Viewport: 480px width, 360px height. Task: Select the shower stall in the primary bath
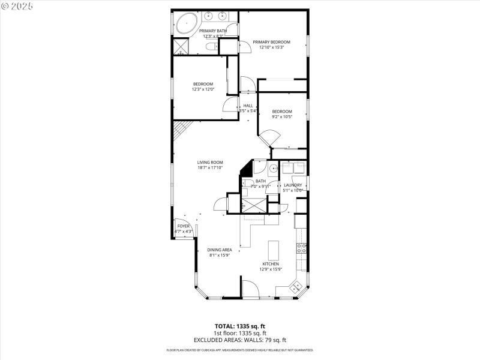(181, 47)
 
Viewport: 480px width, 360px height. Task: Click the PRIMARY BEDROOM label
(271, 42)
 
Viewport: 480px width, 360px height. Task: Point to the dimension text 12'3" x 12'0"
(202, 89)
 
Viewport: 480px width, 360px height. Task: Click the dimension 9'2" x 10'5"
(281, 117)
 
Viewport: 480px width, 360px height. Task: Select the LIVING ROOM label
(210, 162)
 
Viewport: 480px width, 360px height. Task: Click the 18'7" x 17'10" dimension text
(210, 167)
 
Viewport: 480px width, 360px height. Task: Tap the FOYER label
(183, 226)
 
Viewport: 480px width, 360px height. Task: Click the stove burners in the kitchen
(302, 248)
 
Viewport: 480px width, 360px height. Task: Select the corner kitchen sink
(295, 289)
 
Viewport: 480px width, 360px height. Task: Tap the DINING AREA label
(220, 250)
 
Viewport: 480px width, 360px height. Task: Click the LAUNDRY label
(293, 185)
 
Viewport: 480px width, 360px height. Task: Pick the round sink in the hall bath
(272, 169)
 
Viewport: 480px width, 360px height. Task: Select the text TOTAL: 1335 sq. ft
(240, 327)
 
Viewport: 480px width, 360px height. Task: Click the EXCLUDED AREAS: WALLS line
(240, 340)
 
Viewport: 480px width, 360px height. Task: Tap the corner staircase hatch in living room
(180, 129)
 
